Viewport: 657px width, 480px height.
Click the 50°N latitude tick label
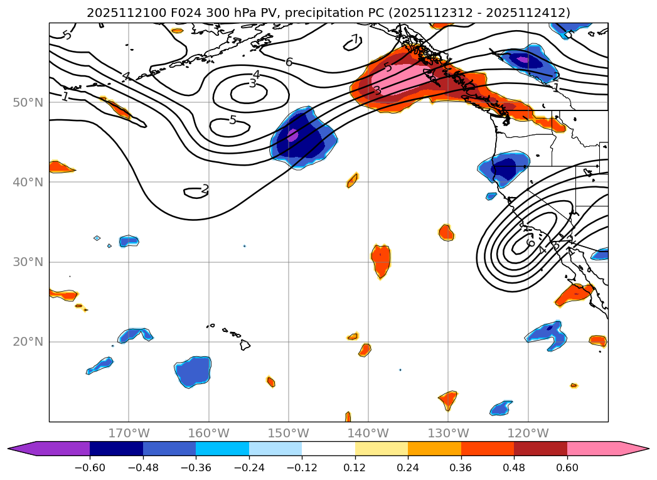click(28, 102)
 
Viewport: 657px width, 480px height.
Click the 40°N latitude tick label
click(28, 182)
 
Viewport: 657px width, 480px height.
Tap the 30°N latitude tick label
click(28, 262)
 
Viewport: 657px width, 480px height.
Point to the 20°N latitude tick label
click(28, 342)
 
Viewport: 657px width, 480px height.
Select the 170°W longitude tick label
click(129, 433)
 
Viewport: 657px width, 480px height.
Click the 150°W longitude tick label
click(289, 433)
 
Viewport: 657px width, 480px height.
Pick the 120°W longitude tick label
click(528, 433)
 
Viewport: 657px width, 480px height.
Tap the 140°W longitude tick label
click(368, 433)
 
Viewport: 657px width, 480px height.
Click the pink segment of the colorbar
click(593, 449)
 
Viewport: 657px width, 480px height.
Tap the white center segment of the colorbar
click(328, 449)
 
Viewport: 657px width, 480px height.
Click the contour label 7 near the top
click(355, 40)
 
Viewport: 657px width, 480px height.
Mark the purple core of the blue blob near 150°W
click(292, 135)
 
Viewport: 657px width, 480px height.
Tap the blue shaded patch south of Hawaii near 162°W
click(193, 371)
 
